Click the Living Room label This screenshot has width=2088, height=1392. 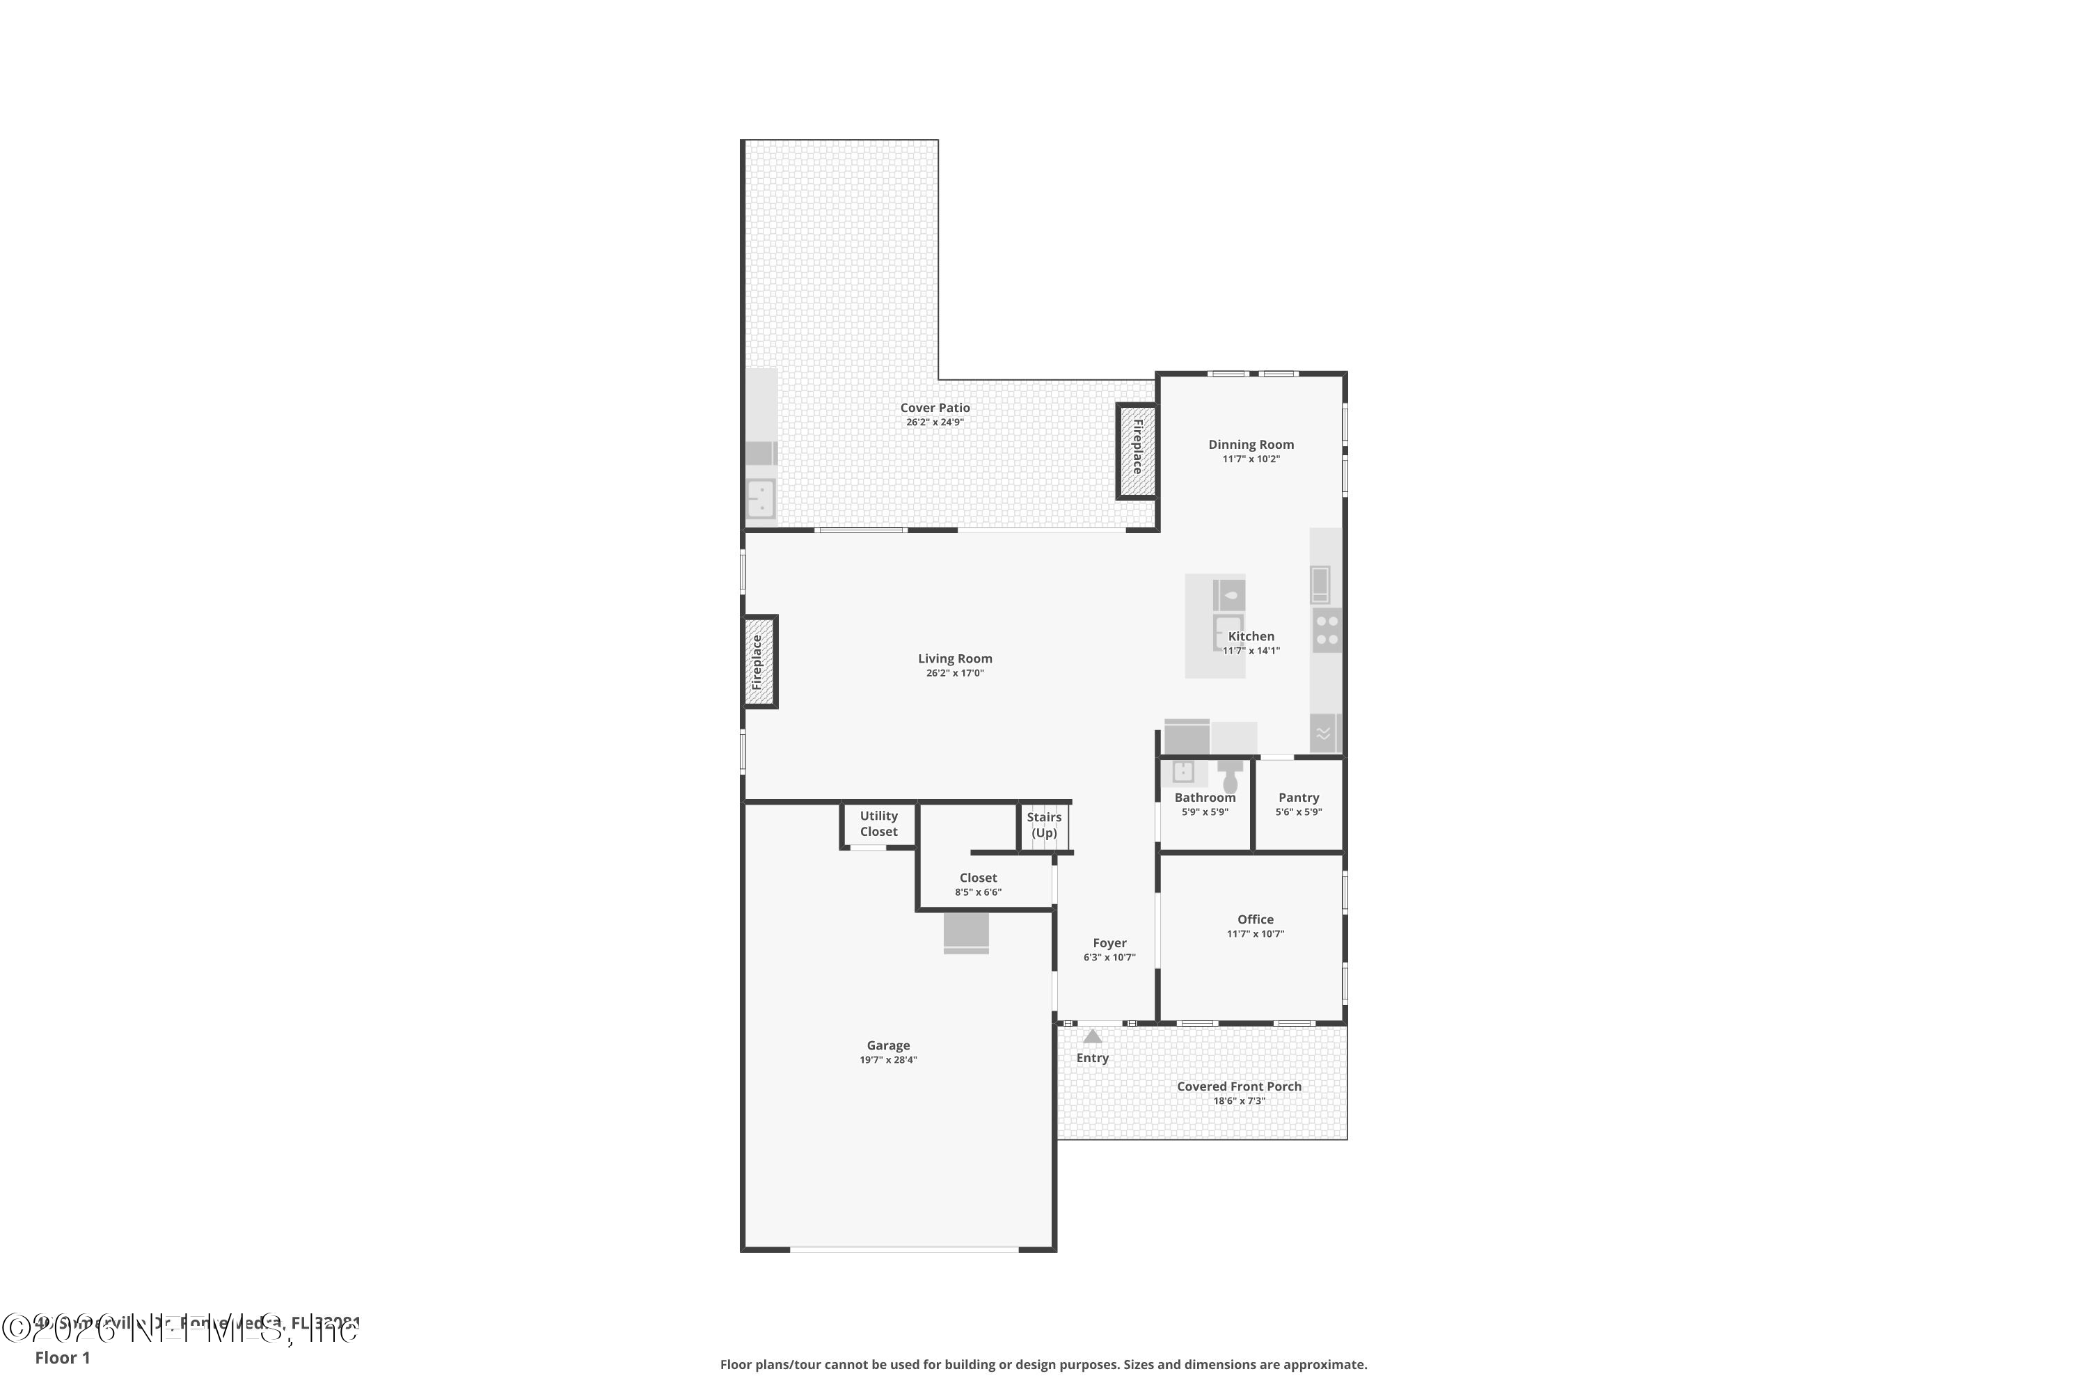[x=954, y=658]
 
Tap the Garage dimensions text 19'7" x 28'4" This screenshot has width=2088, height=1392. [x=888, y=1060]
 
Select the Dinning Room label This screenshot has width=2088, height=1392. [x=1250, y=445]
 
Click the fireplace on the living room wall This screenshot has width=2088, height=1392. [x=759, y=661]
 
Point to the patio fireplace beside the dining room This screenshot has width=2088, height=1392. [x=1137, y=451]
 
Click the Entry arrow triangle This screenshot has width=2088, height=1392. [x=1092, y=1036]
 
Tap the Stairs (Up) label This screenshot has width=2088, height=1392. [x=1044, y=825]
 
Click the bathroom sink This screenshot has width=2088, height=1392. [x=1183, y=773]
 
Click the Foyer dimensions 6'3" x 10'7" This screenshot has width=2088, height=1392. [x=1109, y=958]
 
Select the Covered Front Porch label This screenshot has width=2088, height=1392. [x=1238, y=1086]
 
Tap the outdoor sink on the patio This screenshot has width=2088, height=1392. [x=761, y=498]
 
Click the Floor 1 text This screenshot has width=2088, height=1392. [x=62, y=1357]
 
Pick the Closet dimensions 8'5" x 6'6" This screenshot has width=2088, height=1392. [x=977, y=892]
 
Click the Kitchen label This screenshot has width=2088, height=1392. [x=1251, y=637]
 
